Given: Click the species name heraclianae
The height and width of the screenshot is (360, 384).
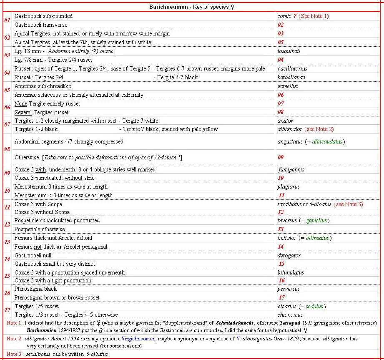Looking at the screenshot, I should [x=291, y=78].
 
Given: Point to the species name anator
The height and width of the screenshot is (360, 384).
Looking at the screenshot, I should [x=285, y=121].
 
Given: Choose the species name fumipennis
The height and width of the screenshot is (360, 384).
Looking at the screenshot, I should [x=291, y=170].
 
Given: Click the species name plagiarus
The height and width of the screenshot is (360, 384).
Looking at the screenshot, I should [x=289, y=187].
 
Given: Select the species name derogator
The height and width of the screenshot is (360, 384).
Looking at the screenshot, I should [x=289, y=255].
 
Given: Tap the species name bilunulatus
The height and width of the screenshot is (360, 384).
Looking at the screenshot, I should [x=291, y=273].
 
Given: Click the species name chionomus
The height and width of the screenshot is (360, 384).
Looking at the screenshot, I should [x=290, y=315].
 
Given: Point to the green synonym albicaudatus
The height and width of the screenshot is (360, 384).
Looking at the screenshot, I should [x=327, y=142].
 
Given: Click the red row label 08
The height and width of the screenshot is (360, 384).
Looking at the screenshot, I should [x=7, y=149].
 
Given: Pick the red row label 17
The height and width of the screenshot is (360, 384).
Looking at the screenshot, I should [x=7, y=310].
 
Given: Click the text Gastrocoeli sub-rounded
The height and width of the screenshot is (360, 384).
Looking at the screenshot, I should [x=43, y=16].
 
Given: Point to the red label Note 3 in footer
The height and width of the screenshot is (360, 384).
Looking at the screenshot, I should [x=15, y=354].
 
